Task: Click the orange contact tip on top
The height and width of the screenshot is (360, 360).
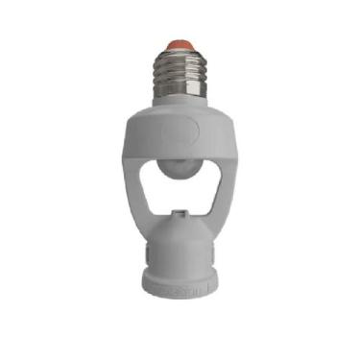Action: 180,45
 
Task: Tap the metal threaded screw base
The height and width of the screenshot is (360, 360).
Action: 180,72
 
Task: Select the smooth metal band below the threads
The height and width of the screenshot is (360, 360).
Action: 180,97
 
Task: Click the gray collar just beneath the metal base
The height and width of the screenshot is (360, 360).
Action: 180,109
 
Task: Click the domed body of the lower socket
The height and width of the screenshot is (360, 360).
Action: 180,245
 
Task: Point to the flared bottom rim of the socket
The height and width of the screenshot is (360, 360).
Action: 180,284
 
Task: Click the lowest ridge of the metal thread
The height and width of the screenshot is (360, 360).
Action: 180,88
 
